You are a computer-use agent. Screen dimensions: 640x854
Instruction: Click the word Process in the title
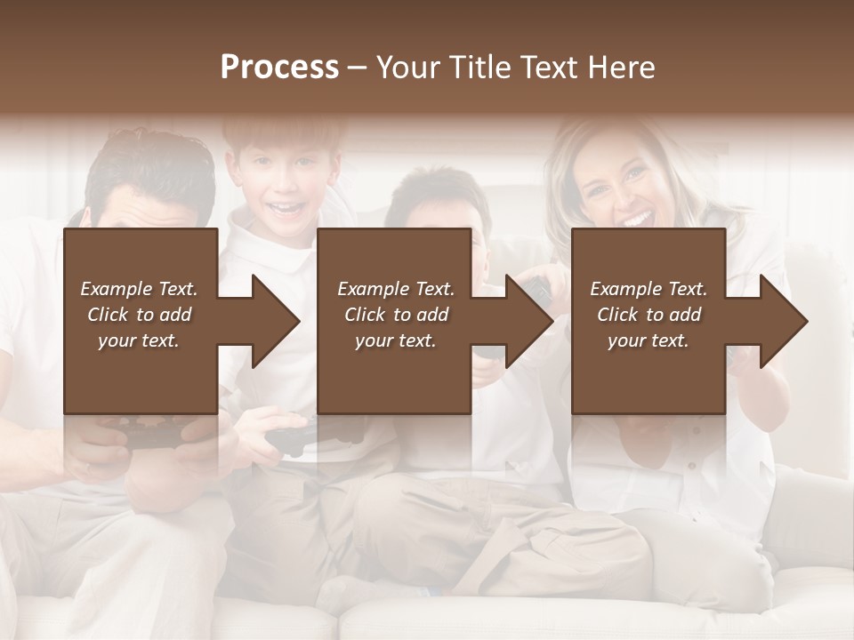coord(279,68)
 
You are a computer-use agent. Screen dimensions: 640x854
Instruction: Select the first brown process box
coord(141,373)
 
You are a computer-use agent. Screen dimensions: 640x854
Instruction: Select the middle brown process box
coord(394,373)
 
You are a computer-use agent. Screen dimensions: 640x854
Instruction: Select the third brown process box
coord(648,373)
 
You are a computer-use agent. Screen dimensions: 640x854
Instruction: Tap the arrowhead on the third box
coord(782,321)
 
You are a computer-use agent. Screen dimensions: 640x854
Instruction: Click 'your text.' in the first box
coord(139,340)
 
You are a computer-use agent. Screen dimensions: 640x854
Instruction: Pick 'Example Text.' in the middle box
coord(396,289)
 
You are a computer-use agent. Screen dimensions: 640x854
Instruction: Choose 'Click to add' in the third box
coord(649,315)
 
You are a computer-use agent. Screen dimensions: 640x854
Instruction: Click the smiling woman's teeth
coord(634,218)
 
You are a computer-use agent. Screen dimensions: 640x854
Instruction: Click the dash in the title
coord(358,68)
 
